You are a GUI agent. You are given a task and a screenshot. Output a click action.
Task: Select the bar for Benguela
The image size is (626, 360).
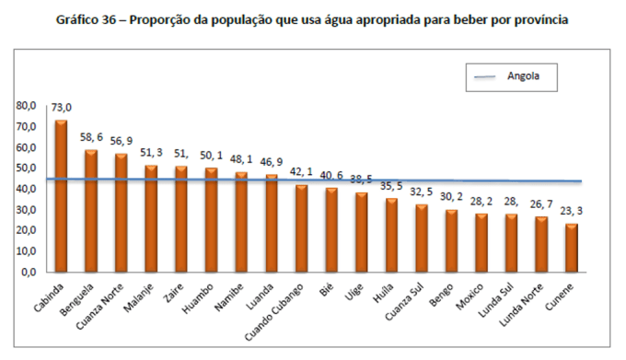(91, 211)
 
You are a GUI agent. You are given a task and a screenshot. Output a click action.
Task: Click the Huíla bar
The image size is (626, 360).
(390, 235)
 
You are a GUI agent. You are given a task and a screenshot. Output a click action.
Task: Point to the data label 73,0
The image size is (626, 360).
(62, 109)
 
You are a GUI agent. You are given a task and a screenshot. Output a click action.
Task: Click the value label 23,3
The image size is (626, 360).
(572, 212)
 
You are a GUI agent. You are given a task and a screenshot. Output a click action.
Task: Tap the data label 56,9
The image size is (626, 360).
(122, 142)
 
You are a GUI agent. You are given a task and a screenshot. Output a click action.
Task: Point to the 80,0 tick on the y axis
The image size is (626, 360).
(26, 106)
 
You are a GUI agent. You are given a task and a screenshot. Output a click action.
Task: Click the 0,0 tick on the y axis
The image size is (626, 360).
(29, 273)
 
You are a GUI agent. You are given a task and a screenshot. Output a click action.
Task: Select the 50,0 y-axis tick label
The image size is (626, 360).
(26, 168)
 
